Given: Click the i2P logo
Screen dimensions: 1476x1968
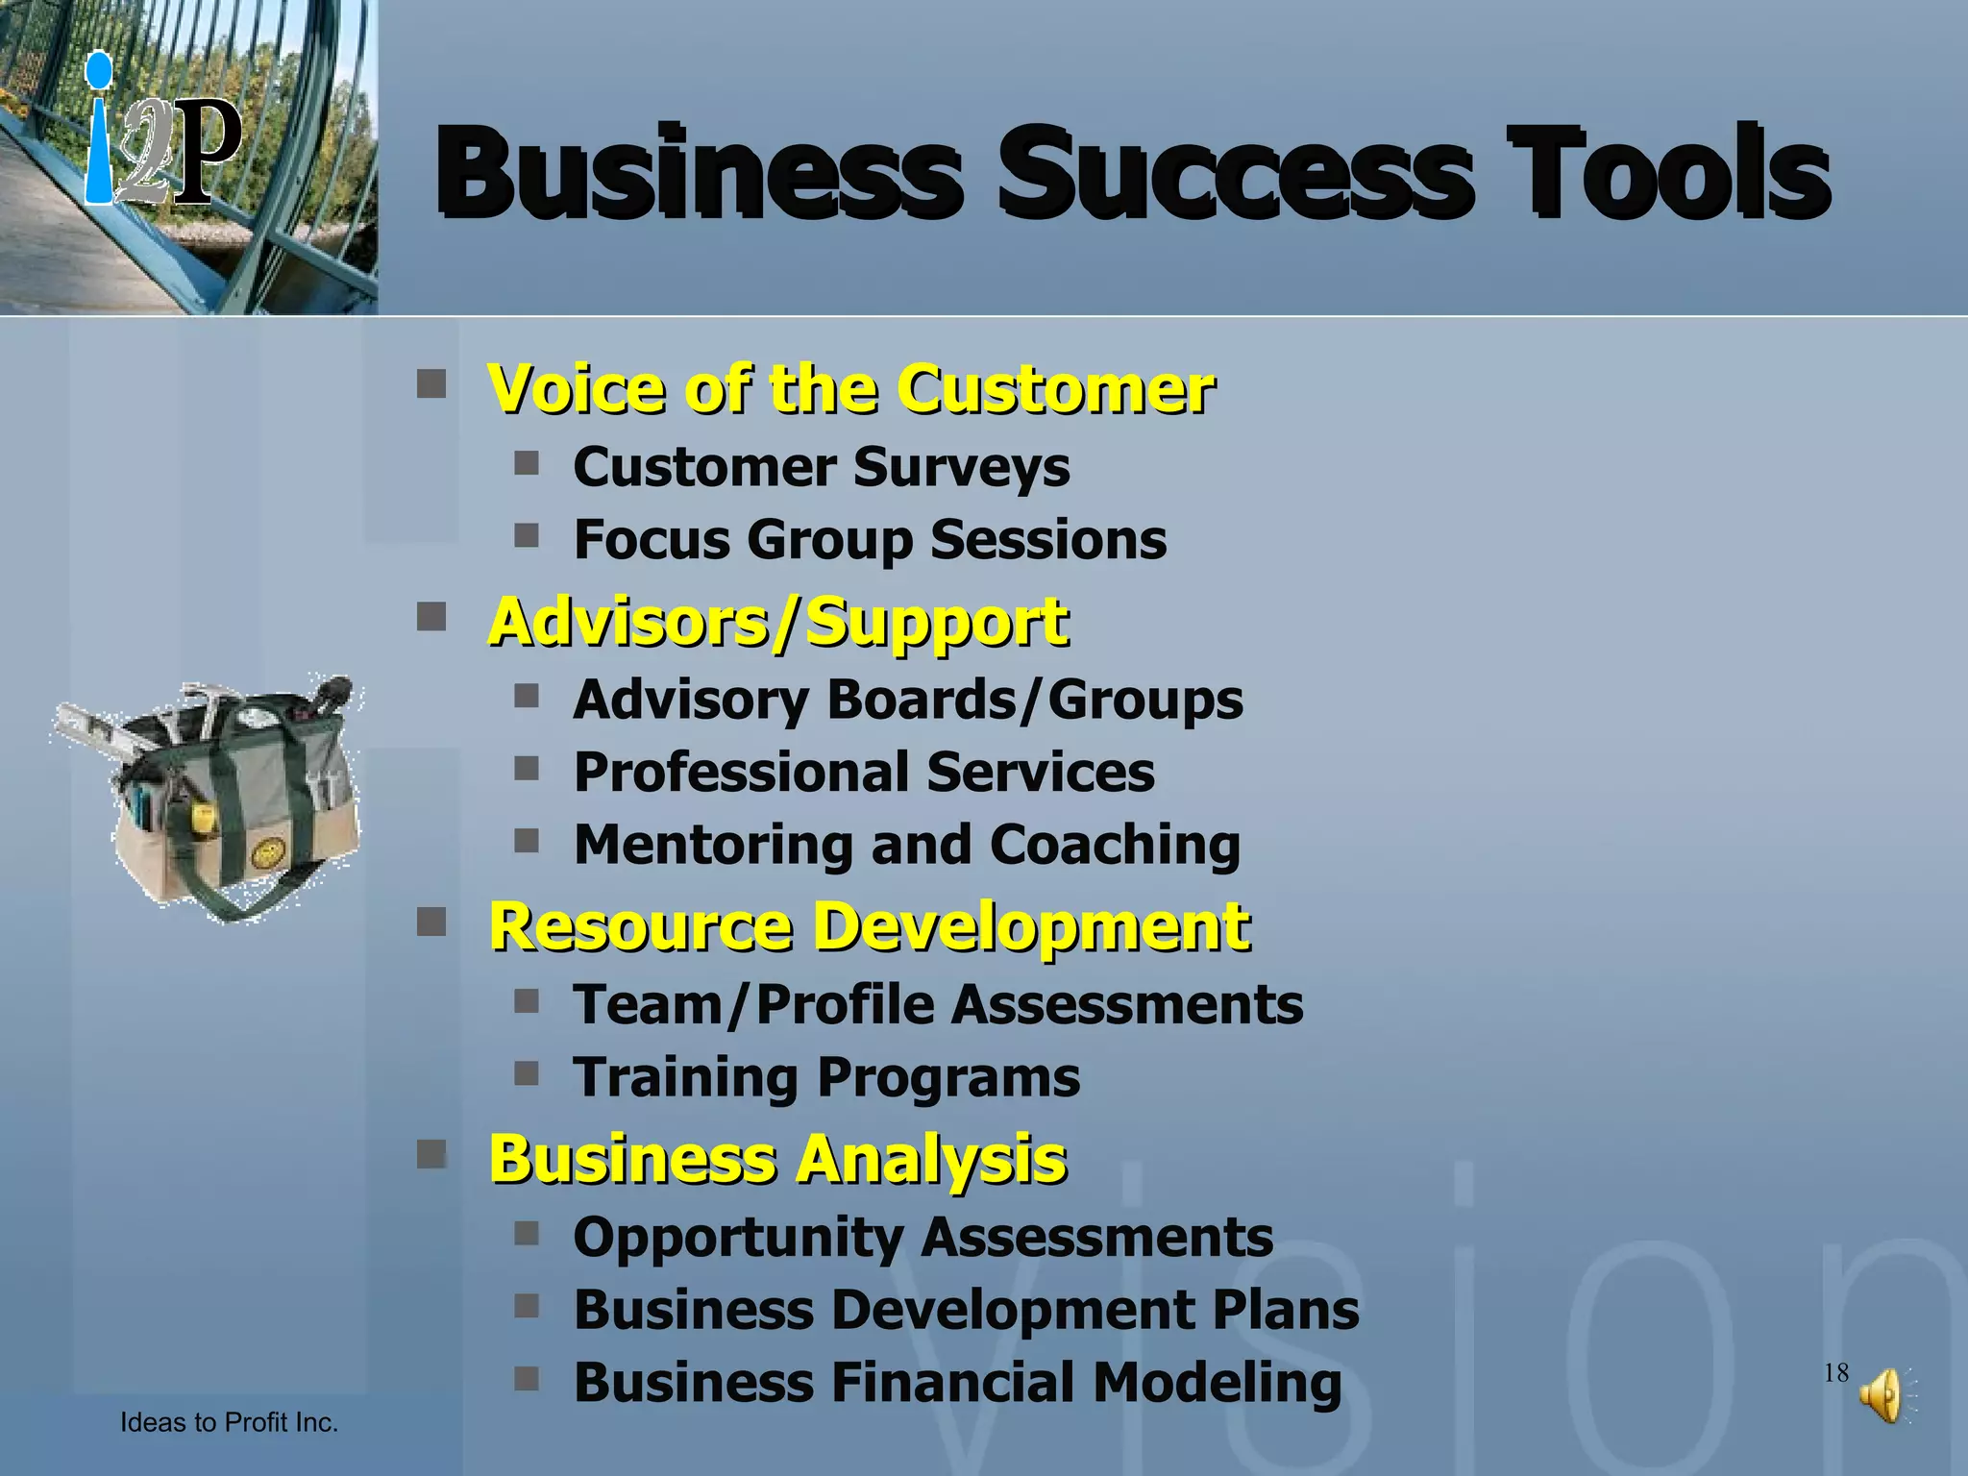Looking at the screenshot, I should [x=161, y=135].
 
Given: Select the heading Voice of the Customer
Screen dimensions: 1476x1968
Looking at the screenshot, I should [x=850, y=389].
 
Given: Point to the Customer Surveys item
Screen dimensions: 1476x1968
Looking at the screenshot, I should [x=821, y=468].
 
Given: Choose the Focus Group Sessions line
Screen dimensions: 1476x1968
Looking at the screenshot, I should [x=870, y=540].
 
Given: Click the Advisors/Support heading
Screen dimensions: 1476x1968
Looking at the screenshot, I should [x=778, y=623].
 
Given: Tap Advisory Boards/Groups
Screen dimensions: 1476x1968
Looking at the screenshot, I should [x=908, y=700].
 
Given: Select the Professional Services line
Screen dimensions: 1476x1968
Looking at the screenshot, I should [x=864, y=772].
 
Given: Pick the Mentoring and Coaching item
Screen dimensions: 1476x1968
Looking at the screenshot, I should [x=906, y=845].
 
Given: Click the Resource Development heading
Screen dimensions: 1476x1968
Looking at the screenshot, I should [x=870, y=927].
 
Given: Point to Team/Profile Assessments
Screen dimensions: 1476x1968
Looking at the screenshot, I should [x=938, y=1005].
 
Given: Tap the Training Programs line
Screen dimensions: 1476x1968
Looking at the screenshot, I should [x=826, y=1077].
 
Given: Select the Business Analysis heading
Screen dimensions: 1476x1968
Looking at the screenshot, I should [x=777, y=1159].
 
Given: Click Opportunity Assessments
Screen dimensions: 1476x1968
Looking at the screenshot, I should [x=922, y=1238].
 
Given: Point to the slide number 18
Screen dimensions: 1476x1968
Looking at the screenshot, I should [x=1835, y=1372].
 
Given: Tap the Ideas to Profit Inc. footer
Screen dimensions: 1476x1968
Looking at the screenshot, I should [x=229, y=1422].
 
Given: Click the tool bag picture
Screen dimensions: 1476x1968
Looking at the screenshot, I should [x=216, y=798].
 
